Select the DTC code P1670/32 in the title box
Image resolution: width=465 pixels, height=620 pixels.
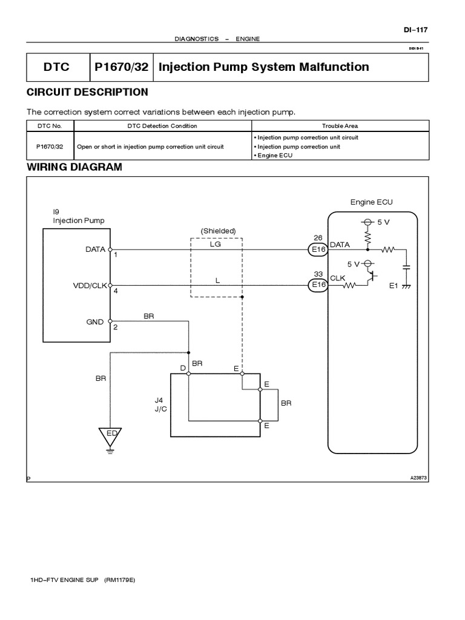[121, 67]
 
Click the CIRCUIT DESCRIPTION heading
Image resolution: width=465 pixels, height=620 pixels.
[87, 92]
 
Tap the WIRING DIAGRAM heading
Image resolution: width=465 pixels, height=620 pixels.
[74, 167]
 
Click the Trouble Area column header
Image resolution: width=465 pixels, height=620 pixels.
[340, 126]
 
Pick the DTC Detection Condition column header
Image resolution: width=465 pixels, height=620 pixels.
[162, 126]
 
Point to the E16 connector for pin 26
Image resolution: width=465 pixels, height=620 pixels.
[318, 249]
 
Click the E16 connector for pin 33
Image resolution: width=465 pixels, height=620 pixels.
[318, 285]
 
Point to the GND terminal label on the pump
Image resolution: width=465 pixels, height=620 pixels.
[96, 322]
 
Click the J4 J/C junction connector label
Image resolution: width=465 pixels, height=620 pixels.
[159, 404]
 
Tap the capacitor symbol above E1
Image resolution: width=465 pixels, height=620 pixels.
[407, 266]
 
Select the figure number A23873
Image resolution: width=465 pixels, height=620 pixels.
[419, 478]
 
